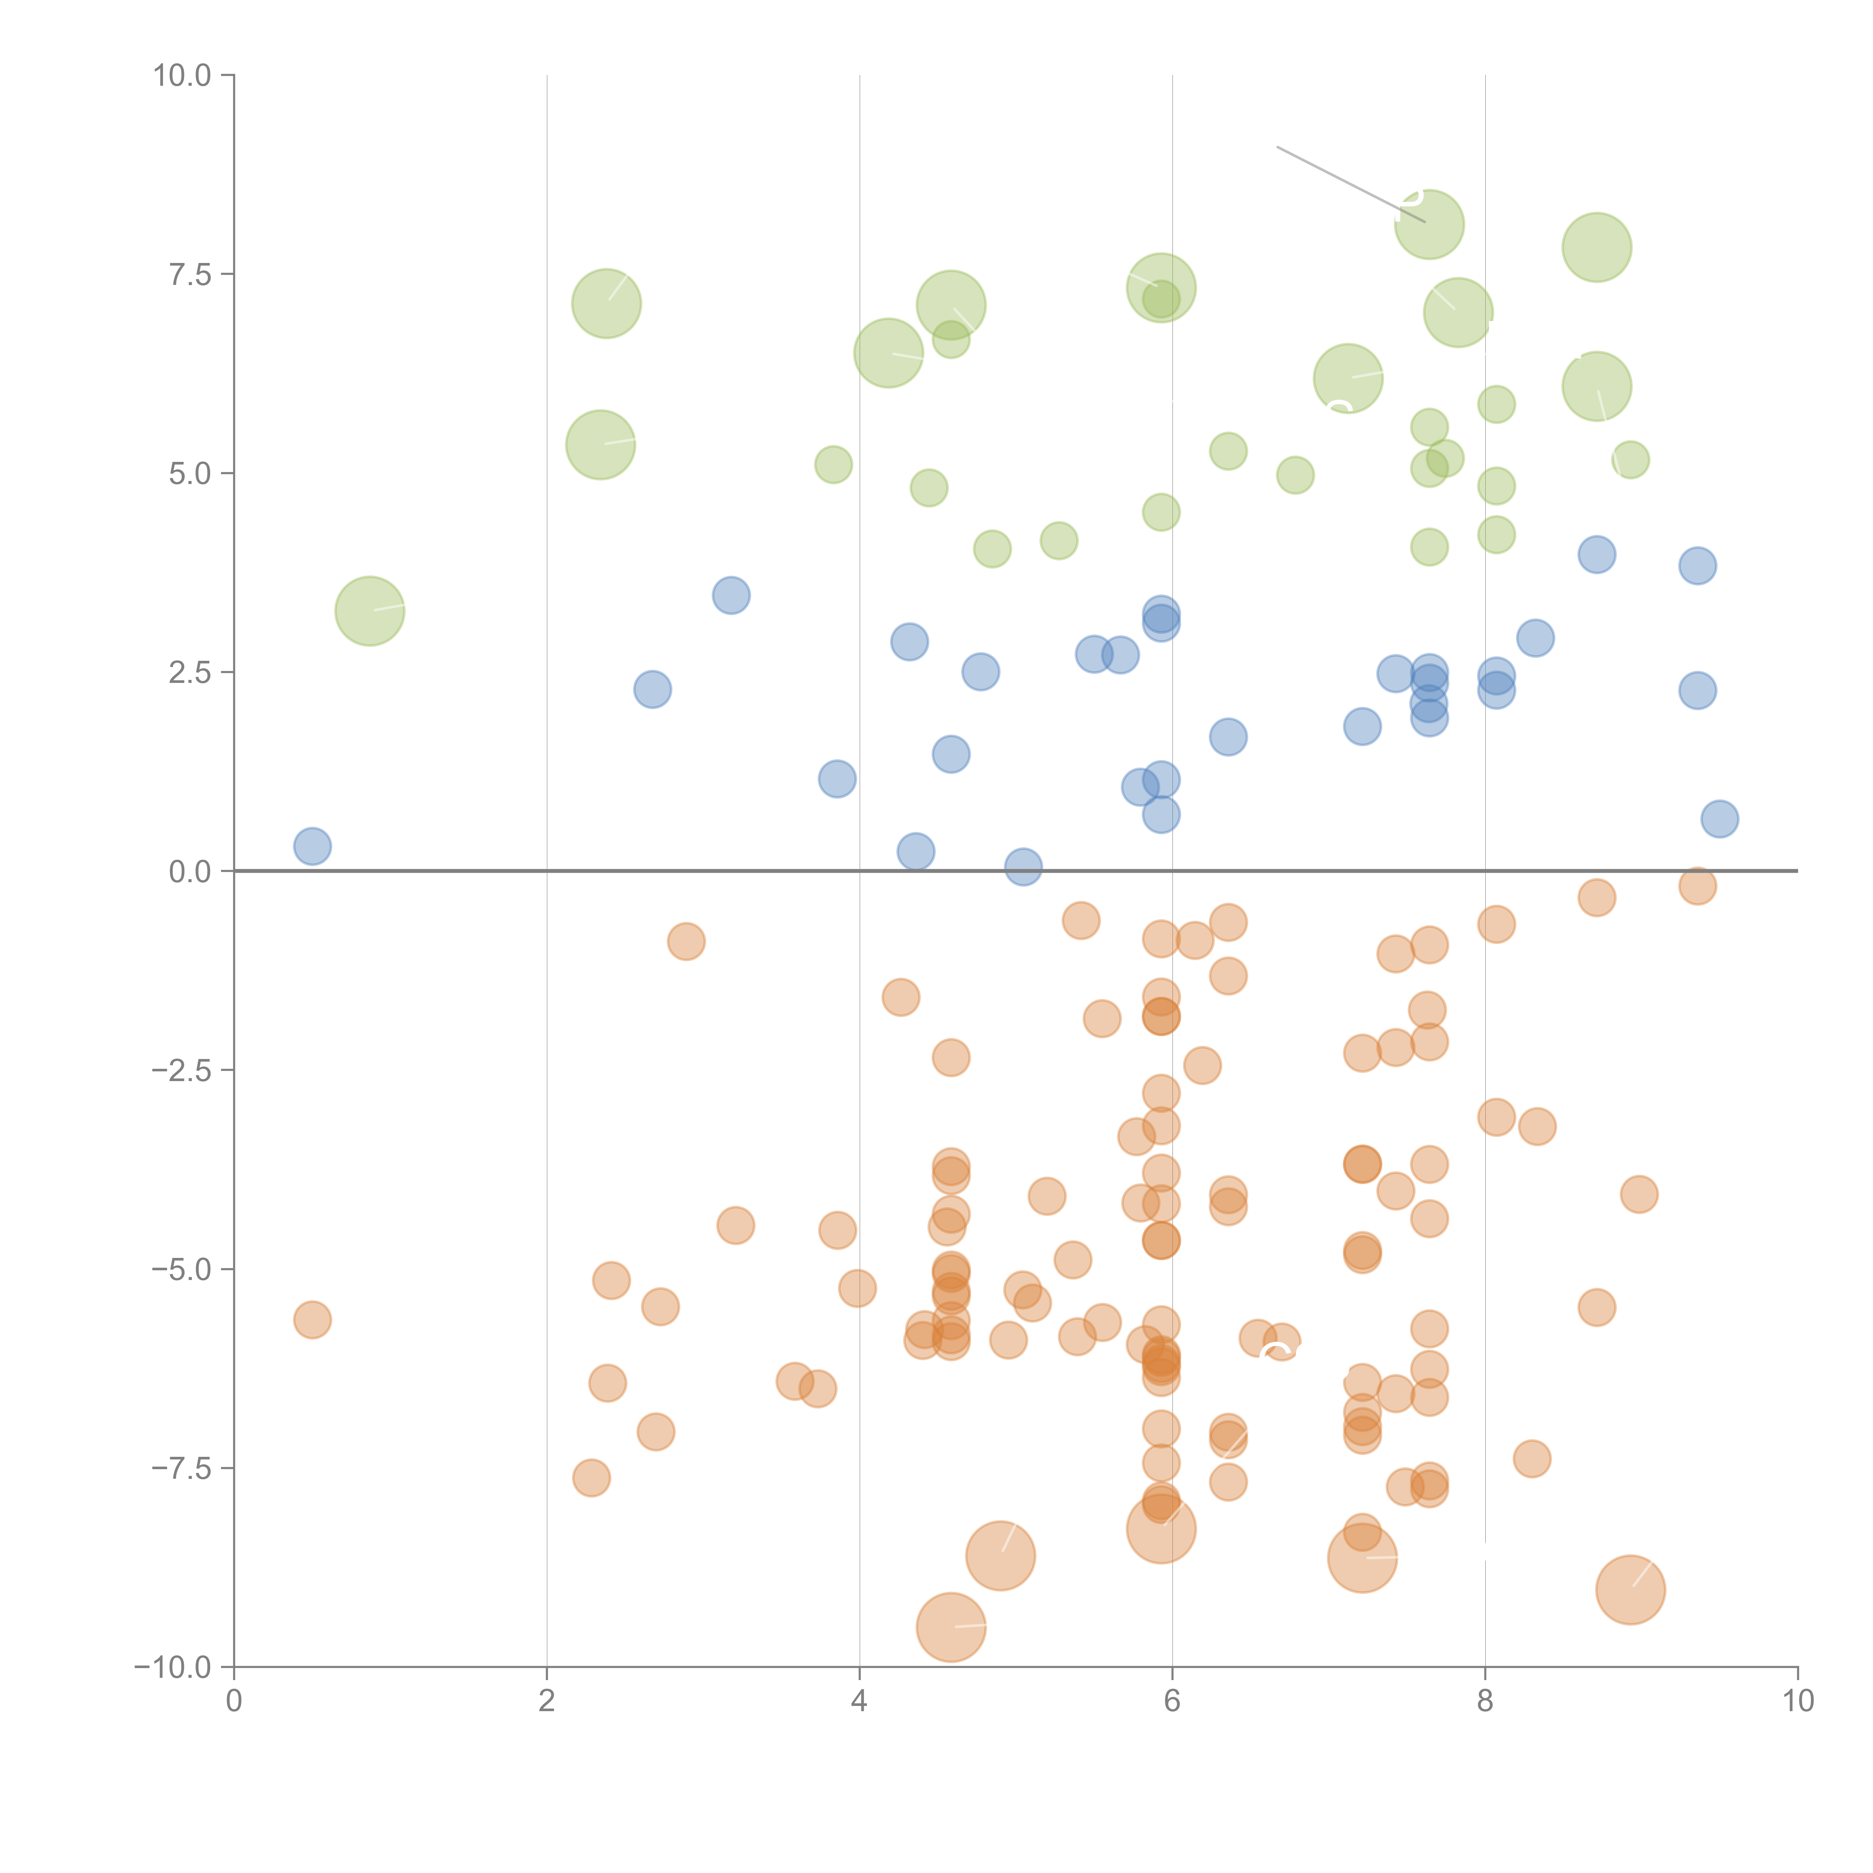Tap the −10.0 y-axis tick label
pos(173,1667)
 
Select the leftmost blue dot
pos(312,846)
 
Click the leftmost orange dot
pos(312,1319)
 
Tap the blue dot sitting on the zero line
pos(1023,867)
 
